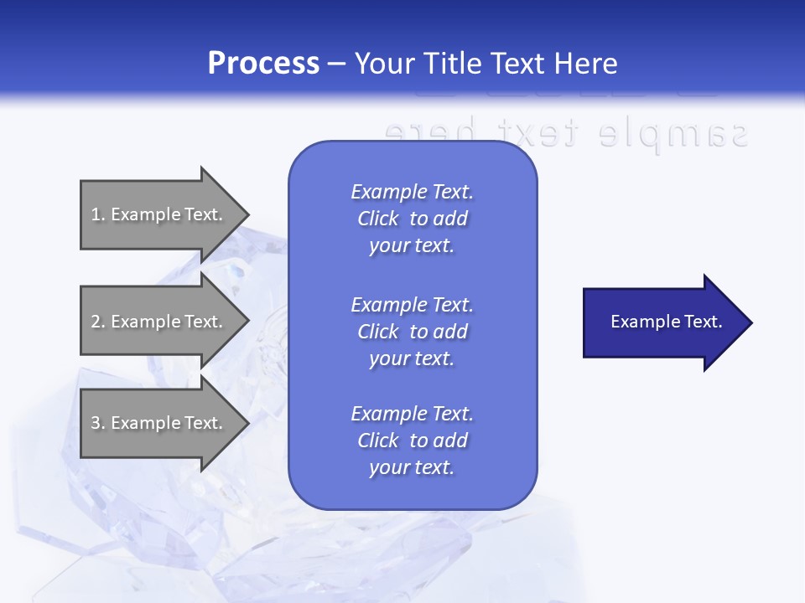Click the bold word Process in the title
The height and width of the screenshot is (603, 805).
263,64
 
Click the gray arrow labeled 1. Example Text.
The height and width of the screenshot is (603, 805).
159,214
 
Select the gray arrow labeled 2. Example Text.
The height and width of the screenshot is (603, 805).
159,322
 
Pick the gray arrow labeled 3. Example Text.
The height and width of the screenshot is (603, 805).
159,423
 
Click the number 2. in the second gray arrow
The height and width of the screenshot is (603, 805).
97,322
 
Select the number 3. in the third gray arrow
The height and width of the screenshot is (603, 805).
97,423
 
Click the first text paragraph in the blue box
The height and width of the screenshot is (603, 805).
412,219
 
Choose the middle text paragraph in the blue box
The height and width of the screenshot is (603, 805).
412,332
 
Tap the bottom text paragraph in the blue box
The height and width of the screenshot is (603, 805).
412,441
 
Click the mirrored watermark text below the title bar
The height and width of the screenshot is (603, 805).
565,132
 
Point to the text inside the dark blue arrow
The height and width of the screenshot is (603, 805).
666,322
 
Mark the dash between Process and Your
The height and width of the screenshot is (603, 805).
337,64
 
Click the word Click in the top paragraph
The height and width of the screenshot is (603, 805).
377,219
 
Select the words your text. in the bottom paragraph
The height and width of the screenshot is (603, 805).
412,467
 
